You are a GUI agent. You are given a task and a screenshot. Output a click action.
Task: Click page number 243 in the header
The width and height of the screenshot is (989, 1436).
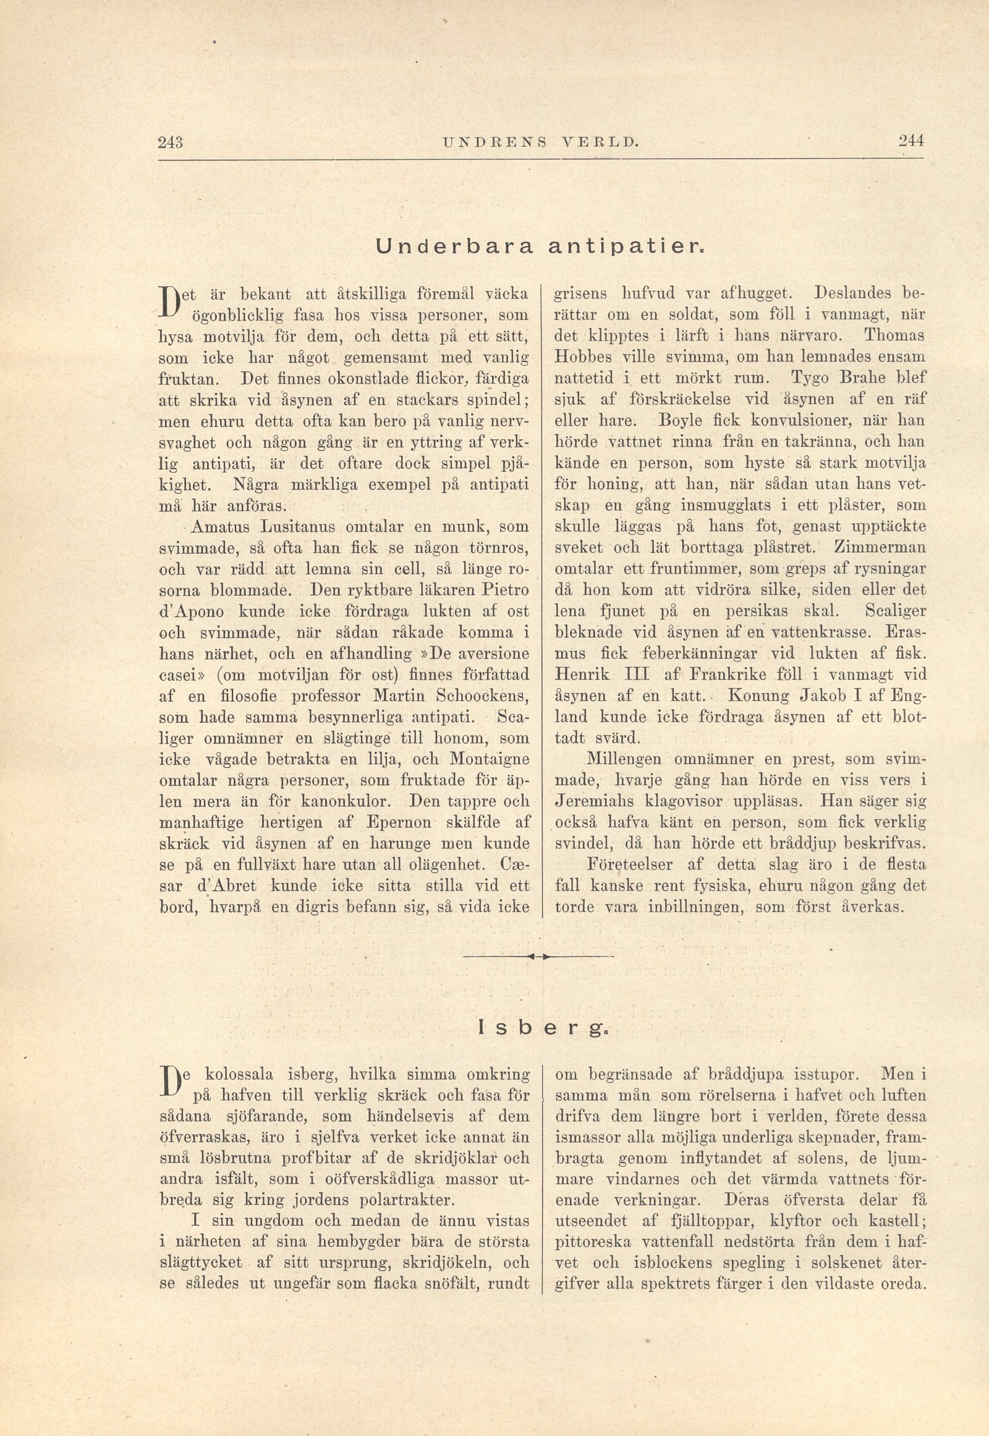(x=169, y=141)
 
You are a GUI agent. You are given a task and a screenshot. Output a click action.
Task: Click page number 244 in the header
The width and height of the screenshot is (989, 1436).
(x=911, y=141)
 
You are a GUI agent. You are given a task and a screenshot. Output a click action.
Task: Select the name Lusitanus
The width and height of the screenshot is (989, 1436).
(x=299, y=527)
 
